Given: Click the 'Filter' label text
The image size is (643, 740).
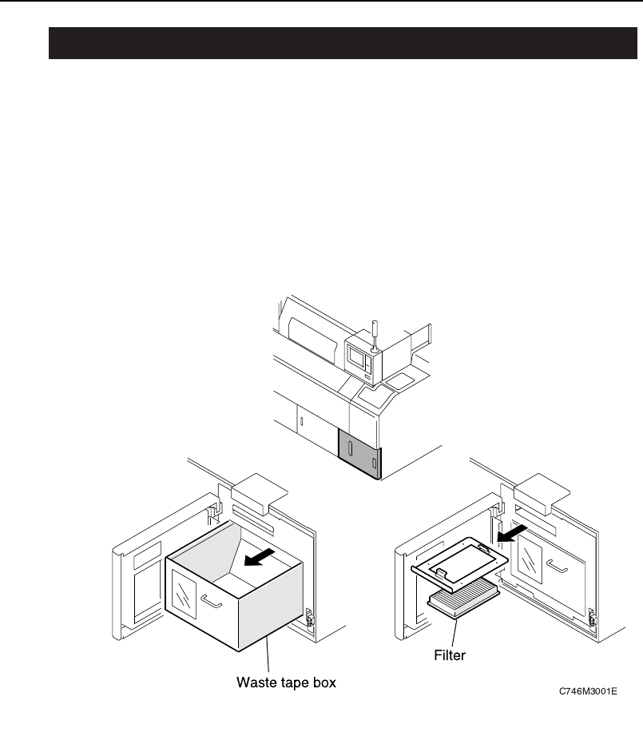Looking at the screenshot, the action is tap(450, 654).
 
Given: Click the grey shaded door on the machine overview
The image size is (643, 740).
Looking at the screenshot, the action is tap(360, 453).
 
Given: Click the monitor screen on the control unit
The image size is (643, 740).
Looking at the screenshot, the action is tap(356, 356).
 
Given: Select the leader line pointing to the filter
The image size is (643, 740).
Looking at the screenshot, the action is tap(454, 632).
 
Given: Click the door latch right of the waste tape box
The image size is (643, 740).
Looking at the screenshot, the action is tap(309, 615).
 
